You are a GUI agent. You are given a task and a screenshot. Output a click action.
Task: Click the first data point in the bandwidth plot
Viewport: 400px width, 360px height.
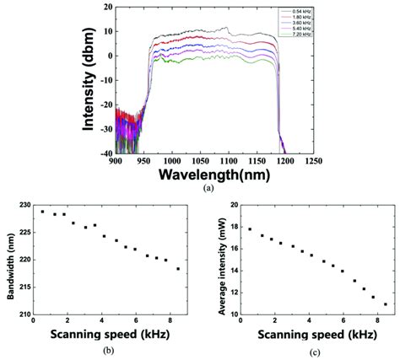click(43, 212)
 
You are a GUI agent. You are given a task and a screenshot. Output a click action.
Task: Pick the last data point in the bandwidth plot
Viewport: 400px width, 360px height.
click(177, 268)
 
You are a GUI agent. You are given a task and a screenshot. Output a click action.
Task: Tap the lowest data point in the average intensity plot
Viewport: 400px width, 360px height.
click(386, 304)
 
